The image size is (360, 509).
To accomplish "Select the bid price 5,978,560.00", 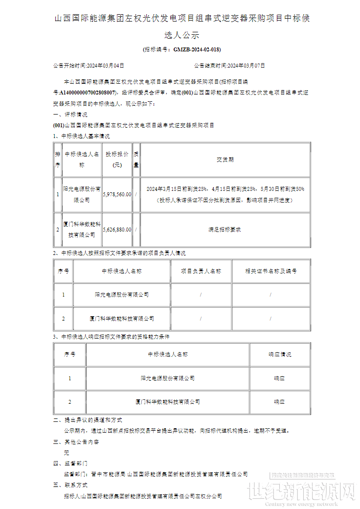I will click(117, 194).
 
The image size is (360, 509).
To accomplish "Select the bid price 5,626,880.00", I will click(117, 229).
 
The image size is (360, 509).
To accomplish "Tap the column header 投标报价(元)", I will click(117, 160).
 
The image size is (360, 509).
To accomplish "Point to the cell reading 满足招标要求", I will click(225, 229).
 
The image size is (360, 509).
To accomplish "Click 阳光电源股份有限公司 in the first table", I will click(82, 194).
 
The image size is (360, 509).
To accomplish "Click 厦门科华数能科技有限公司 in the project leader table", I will click(122, 319).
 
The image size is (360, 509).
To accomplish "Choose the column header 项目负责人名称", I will click(201, 271).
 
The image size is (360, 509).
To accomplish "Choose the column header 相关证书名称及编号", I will click(270, 271).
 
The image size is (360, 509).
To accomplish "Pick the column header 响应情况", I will click(279, 354).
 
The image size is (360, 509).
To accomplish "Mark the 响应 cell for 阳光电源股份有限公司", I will click(279, 378).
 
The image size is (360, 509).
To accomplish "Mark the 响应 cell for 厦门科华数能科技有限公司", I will click(279, 402).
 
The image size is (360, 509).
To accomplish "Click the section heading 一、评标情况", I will click(70, 115).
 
